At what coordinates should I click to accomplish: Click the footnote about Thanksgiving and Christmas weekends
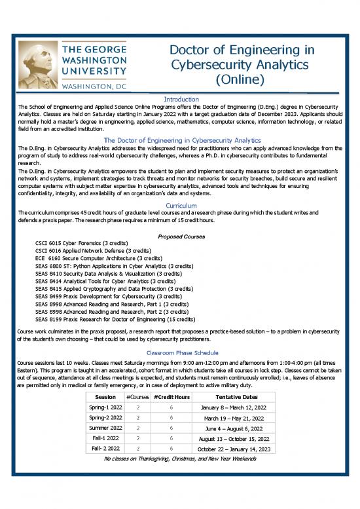[x=180, y=460]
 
